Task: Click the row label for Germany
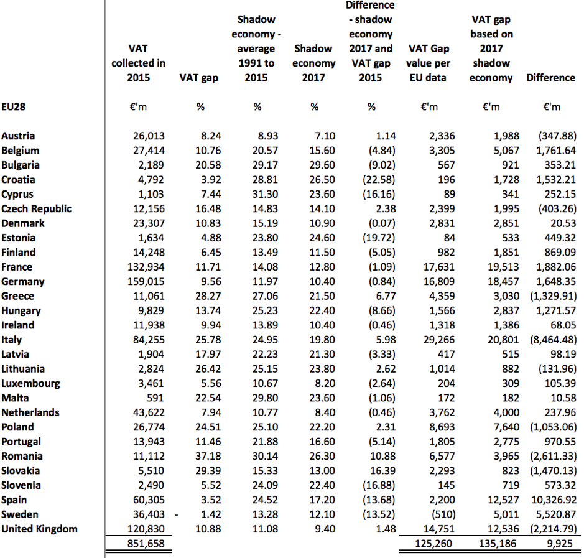click(x=22, y=282)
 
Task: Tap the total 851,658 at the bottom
click(x=147, y=544)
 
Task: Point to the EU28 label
click(x=14, y=106)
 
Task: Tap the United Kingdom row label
click(x=39, y=529)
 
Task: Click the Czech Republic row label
click(x=36, y=209)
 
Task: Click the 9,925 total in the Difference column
click(x=562, y=544)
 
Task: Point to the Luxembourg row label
click(x=30, y=383)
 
